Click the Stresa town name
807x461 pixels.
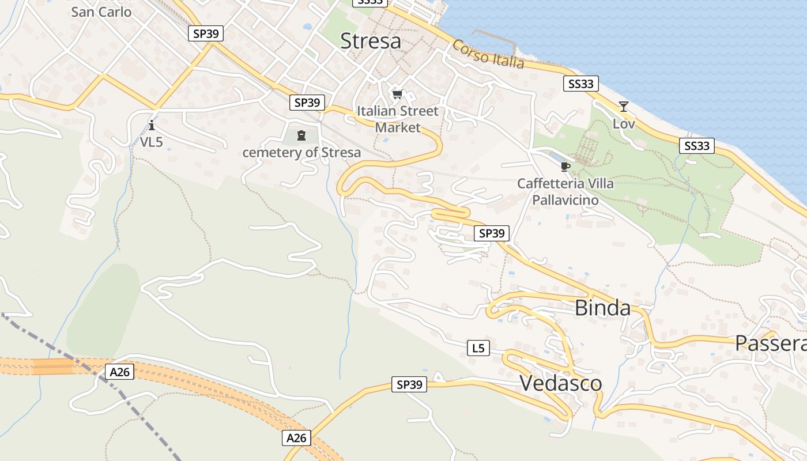(370, 41)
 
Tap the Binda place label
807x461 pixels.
(602, 308)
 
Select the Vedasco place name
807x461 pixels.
(560, 383)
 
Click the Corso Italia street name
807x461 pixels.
(488, 54)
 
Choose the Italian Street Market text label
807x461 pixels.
(398, 119)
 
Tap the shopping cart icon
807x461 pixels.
(397, 94)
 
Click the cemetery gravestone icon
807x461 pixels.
(301, 135)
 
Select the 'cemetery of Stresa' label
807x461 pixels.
(301, 153)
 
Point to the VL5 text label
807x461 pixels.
(151, 142)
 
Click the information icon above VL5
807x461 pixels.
(152, 124)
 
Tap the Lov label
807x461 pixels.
(624, 124)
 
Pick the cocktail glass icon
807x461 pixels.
(623, 107)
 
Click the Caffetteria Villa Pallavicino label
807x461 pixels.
(565, 192)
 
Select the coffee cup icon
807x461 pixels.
(565, 167)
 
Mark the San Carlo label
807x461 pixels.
(101, 12)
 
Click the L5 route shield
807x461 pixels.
(478, 348)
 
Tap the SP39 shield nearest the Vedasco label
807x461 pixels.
(409, 384)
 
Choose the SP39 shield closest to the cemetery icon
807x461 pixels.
(307, 103)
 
